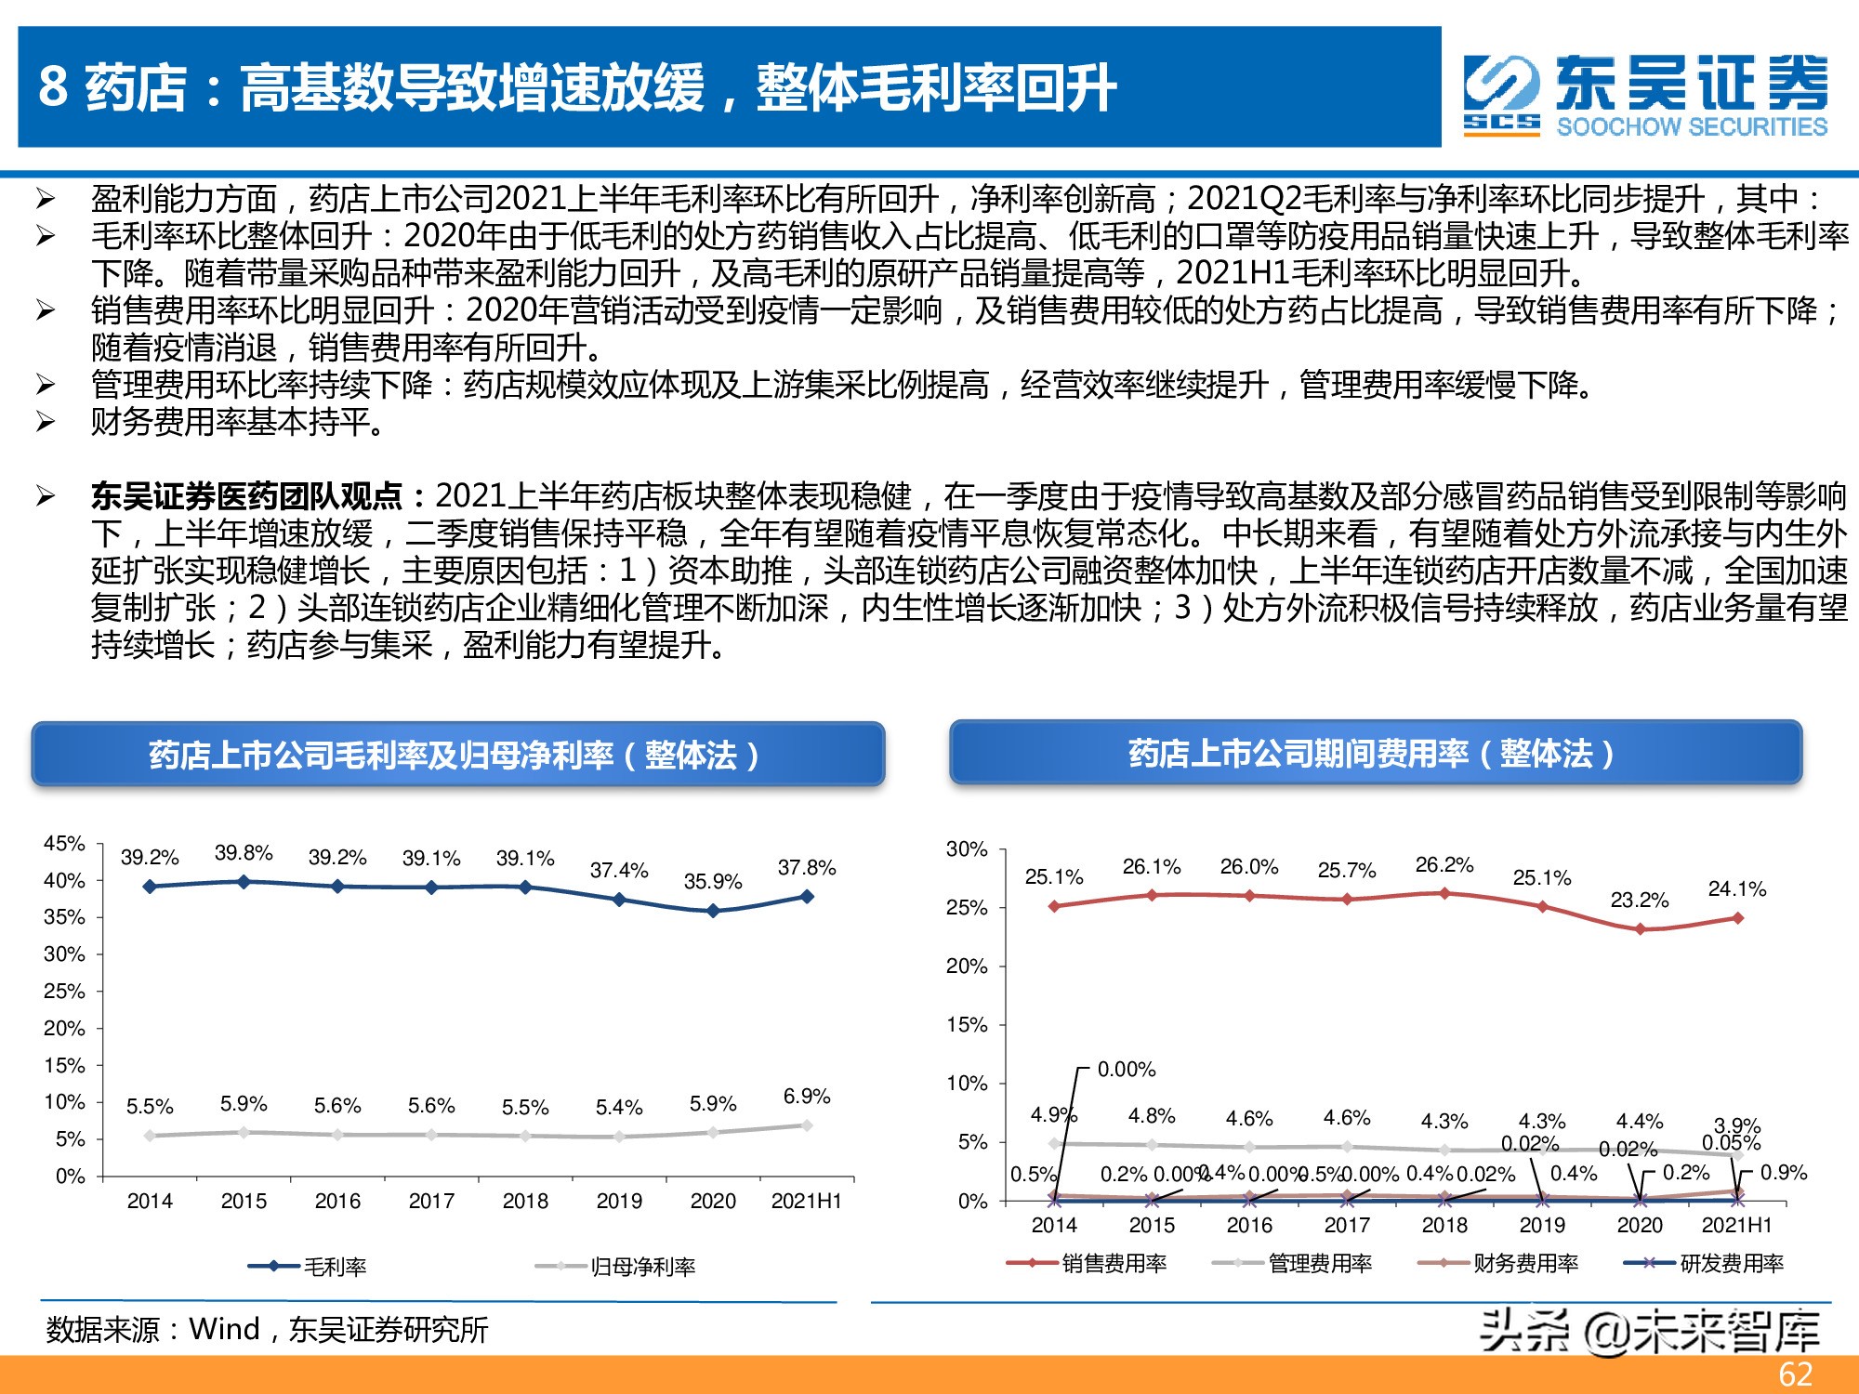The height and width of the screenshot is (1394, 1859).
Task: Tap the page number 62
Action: coord(1795,1374)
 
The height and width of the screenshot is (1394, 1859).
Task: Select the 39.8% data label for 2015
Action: coord(244,852)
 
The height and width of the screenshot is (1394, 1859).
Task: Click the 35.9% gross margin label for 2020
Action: coord(713,881)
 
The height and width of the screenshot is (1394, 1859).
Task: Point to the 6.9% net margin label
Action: coord(807,1096)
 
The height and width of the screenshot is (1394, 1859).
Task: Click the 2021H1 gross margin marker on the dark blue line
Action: coord(807,897)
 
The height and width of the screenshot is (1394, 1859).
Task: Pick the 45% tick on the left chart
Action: coord(64,844)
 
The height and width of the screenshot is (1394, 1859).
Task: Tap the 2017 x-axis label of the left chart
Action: coord(431,1201)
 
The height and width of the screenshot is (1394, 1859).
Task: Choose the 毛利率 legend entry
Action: coord(335,1267)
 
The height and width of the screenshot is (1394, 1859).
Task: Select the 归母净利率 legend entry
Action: coord(642,1267)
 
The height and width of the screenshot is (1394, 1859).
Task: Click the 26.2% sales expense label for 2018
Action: coord(1444,864)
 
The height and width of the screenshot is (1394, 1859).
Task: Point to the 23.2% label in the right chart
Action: coord(1640,900)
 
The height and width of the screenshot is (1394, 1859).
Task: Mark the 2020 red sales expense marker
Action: coord(1640,929)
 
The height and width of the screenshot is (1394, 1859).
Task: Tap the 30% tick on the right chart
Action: coord(967,849)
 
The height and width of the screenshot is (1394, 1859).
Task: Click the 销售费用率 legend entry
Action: coord(1114,1263)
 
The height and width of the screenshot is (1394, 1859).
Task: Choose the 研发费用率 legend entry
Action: coord(1731,1263)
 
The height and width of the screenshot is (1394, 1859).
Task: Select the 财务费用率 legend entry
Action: coord(1525,1263)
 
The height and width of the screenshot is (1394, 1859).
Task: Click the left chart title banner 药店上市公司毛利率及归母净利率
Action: coord(457,755)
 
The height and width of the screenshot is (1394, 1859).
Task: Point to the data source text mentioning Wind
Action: coord(268,1330)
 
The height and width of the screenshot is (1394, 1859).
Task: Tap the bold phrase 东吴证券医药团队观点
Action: coord(246,496)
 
